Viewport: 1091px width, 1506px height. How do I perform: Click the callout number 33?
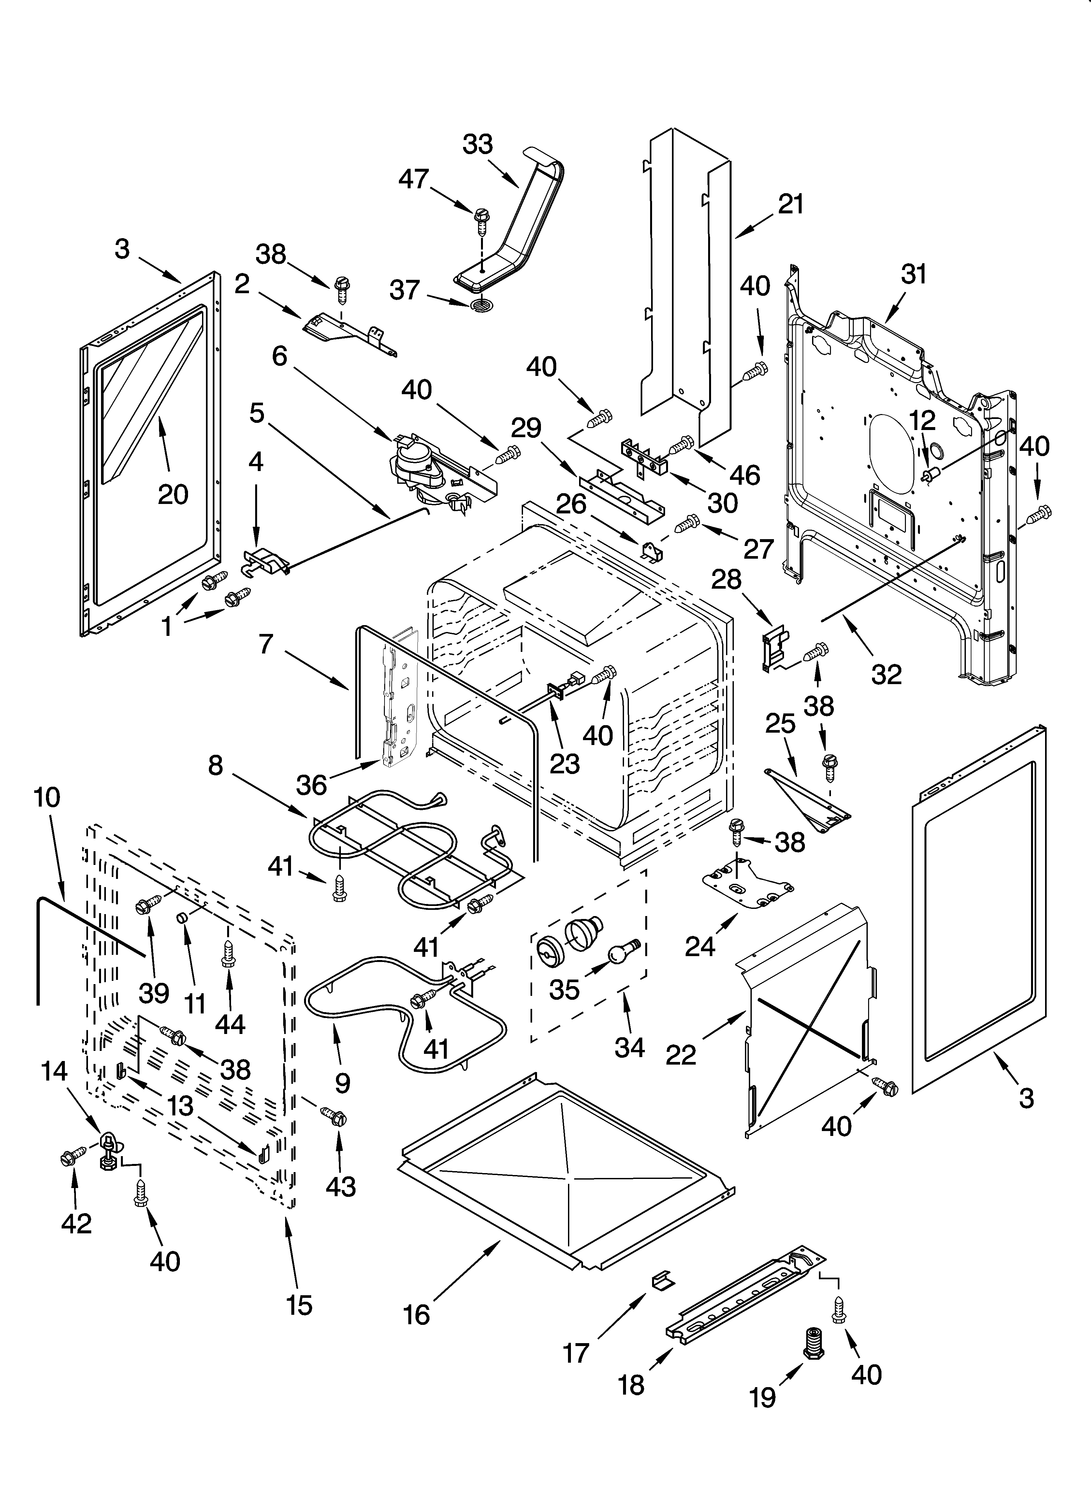(478, 144)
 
